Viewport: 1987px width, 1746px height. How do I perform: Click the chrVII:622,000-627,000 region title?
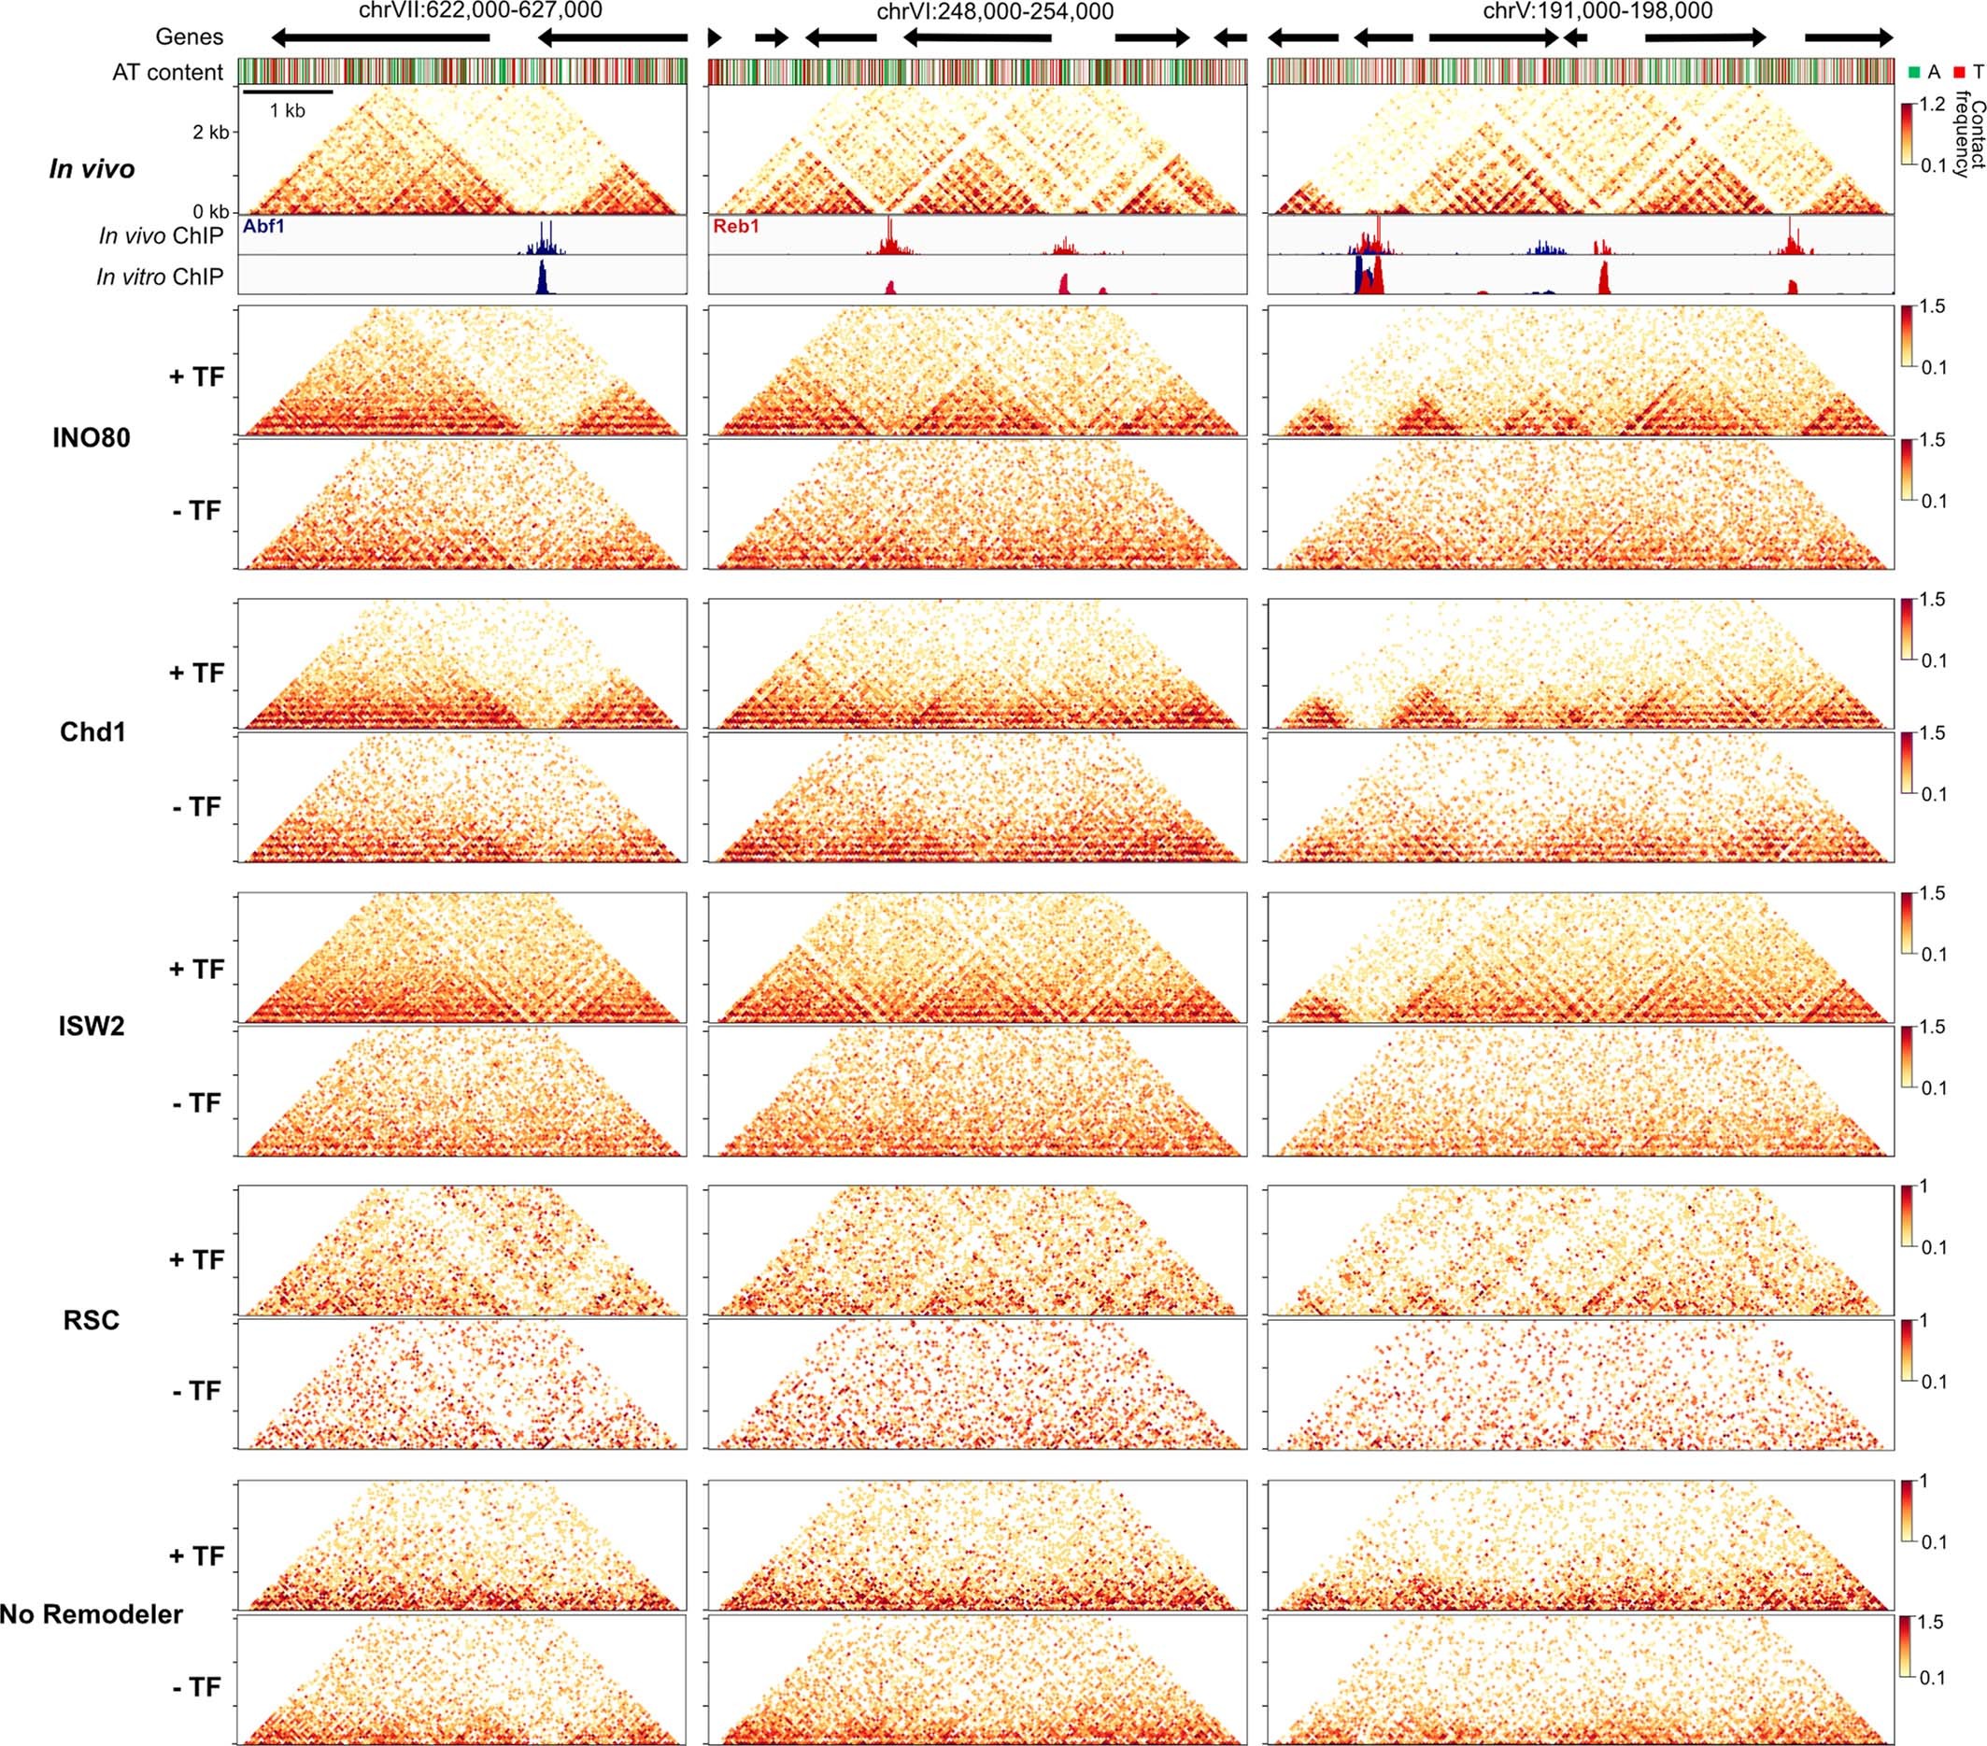[x=480, y=10]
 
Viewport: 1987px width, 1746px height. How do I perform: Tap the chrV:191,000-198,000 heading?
[x=1596, y=10]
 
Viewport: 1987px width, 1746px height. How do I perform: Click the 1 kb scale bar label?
[x=287, y=111]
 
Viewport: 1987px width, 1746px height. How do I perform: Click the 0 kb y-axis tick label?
[x=211, y=211]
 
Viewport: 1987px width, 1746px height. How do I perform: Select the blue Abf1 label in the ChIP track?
[x=264, y=226]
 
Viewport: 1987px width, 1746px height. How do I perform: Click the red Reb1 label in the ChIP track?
[x=735, y=226]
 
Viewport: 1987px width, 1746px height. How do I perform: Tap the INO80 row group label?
[x=92, y=438]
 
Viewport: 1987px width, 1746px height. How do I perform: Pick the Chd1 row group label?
[x=93, y=732]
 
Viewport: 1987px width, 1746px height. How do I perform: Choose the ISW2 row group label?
[x=92, y=1027]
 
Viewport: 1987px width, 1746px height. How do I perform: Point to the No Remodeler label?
[x=91, y=1615]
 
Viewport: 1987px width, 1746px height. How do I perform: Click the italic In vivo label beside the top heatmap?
[x=92, y=169]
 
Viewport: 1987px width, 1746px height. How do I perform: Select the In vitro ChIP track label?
[x=160, y=277]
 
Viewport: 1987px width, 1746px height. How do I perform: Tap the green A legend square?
[x=1914, y=72]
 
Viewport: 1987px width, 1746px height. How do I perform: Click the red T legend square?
[x=1959, y=72]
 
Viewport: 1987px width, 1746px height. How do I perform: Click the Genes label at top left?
[x=190, y=37]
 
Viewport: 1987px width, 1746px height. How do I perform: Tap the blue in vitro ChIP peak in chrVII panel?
[x=543, y=280]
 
